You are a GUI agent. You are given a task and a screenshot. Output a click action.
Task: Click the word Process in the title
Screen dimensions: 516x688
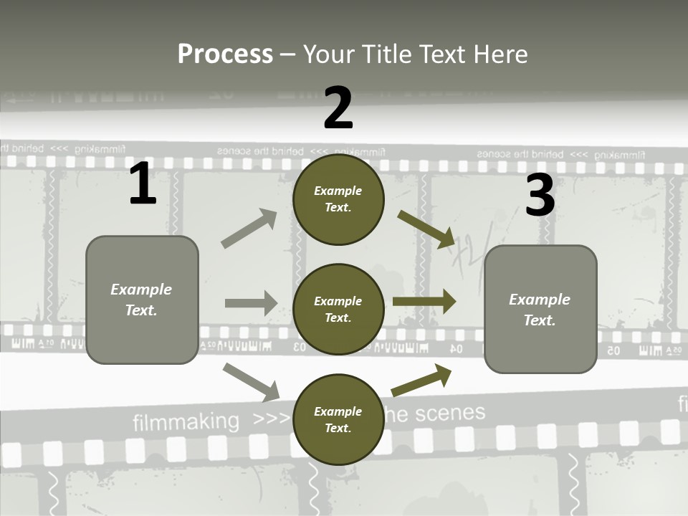[225, 54]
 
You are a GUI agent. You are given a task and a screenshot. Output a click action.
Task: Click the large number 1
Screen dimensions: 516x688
[143, 183]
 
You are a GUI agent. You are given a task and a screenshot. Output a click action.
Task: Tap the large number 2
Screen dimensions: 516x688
[338, 108]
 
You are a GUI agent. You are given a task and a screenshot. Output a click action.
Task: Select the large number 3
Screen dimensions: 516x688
[540, 195]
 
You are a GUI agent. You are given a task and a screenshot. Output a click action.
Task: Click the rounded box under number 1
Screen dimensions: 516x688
[142, 300]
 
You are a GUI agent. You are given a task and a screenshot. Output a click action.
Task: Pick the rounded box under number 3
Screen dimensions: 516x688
[540, 310]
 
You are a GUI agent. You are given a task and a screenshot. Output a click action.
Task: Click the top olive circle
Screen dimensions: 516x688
[338, 199]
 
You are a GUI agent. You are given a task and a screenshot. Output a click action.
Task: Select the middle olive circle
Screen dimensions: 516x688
[338, 310]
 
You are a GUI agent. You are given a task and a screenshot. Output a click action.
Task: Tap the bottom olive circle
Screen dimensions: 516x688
[338, 420]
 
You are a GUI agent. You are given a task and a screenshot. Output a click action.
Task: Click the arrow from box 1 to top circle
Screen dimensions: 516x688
[249, 229]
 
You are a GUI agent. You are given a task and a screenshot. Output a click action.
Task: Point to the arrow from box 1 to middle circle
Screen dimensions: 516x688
[250, 303]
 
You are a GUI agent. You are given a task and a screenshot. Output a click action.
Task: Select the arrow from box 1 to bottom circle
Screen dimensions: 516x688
[251, 381]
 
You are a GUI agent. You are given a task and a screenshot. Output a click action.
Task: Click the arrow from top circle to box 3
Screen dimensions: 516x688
[427, 229]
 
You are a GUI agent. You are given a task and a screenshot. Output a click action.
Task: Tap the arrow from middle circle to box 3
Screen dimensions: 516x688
[424, 302]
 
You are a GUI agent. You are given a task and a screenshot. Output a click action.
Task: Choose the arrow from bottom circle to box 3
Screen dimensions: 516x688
[422, 380]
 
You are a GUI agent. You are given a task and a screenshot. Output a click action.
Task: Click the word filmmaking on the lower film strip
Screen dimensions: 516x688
[186, 422]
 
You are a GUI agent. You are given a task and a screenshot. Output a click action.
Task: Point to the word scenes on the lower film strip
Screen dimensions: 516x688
[450, 414]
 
